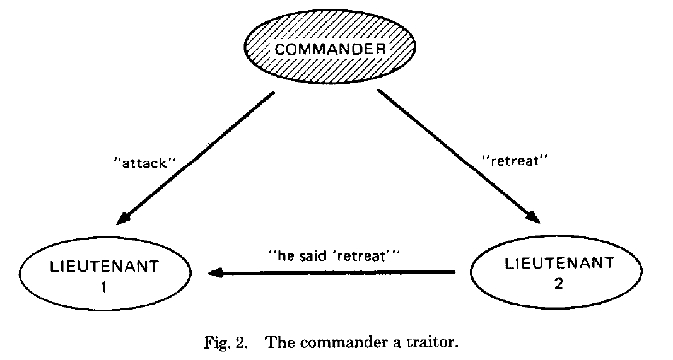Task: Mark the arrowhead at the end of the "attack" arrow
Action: pos(127,218)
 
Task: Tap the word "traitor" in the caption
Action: pos(433,342)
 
